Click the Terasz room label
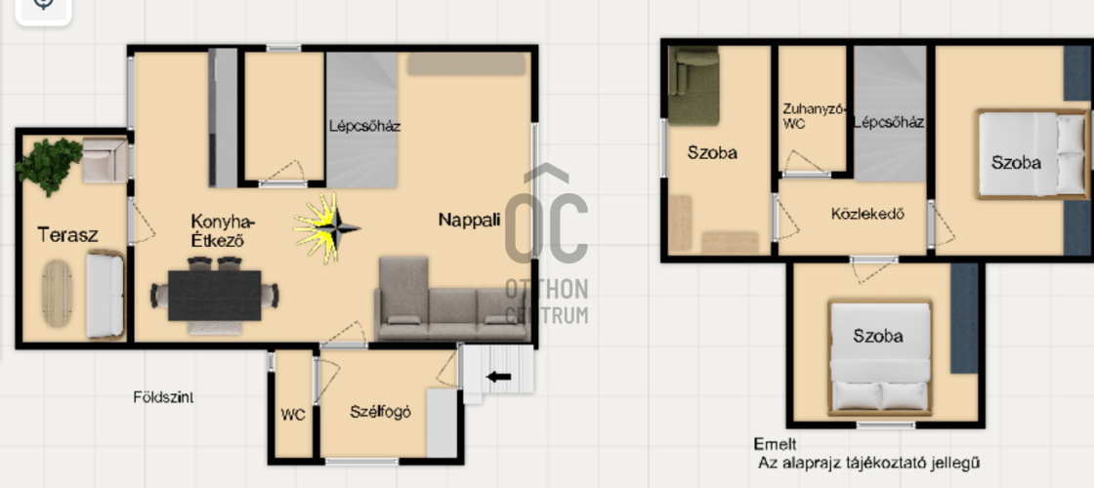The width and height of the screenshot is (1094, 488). pyautogui.click(x=67, y=234)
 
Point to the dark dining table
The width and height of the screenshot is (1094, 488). pyautogui.click(x=214, y=296)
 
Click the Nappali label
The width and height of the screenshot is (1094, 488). pyautogui.click(x=470, y=220)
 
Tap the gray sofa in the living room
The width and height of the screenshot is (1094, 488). pyautogui.click(x=451, y=300)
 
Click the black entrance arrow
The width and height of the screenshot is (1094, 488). pyautogui.click(x=498, y=377)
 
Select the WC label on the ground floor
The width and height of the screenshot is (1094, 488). pyautogui.click(x=293, y=415)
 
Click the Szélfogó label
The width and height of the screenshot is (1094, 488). pyautogui.click(x=380, y=412)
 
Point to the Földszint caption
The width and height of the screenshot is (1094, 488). pyautogui.click(x=163, y=397)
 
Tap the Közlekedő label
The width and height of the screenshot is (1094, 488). pyautogui.click(x=868, y=214)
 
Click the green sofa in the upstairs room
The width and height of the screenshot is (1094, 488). pyautogui.click(x=693, y=86)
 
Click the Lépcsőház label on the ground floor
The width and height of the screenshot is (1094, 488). pyautogui.click(x=365, y=127)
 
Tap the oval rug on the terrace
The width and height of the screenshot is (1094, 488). pyautogui.click(x=58, y=294)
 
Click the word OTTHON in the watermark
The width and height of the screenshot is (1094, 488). pyautogui.click(x=547, y=289)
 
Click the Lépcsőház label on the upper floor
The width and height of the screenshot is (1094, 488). pyautogui.click(x=889, y=123)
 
